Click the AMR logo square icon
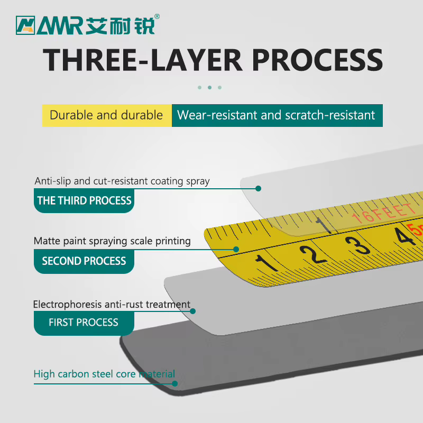(x=25, y=25)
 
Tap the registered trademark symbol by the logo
(x=157, y=16)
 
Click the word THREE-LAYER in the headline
(x=142, y=60)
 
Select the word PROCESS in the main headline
(x=317, y=60)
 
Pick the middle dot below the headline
(x=209, y=87)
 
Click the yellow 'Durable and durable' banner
(x=107, y=115)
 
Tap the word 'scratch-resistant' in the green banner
(x=330, y=115)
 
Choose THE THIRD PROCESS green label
(x=84, y=201)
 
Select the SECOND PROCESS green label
(x=84, y=261)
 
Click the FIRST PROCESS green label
(x=84, y=323)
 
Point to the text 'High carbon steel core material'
(x=104, y=374)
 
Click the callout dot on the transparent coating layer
(x=258, y=189)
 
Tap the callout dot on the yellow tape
(x=236, y=249)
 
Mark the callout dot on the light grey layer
(x=192, y=311)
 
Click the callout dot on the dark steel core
(x=175, y=384)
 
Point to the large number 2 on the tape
(x=313, y=255)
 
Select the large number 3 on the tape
(x=358, y=245)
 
